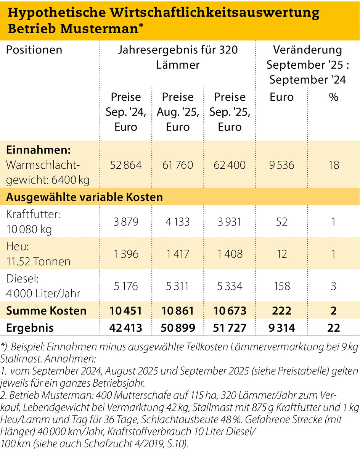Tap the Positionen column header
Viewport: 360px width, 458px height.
pos(34,50)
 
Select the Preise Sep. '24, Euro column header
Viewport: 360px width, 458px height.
pos(126,111)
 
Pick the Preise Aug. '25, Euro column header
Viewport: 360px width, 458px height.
pos(178,111)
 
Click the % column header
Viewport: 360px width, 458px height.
pos(333,97)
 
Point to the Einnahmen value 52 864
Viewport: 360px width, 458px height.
pos(126,165)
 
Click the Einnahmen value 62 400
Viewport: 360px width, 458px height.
pos(229,165)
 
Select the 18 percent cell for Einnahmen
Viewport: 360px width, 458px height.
pos(333,165)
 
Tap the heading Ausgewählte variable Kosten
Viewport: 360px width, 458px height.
pos(85,197)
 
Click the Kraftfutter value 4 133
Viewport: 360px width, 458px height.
pos(178,221)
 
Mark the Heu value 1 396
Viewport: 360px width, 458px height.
pos(126,253)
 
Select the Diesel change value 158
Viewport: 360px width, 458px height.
pos(281,286)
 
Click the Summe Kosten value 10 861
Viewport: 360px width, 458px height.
pos(178,311)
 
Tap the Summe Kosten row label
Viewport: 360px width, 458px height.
pos(47,311)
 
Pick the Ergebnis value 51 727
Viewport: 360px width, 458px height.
pos(229,328)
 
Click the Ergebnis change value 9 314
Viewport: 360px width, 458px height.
pos(281,328)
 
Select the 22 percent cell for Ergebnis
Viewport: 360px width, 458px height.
pos(333,328)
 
